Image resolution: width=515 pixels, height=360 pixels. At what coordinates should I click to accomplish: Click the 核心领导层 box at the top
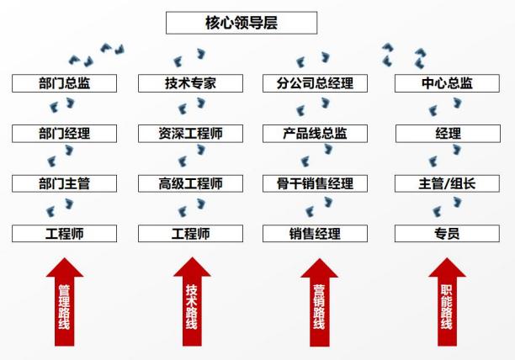[x=242, y=23]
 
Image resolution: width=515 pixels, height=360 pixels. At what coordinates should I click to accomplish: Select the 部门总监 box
[x=65, y=83]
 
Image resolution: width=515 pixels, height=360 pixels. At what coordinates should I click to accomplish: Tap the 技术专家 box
[x=191, y=83]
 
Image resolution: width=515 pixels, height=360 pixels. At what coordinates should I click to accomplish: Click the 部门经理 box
[x=65, y=133]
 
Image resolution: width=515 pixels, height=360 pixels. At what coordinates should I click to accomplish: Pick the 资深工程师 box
[x=191, y=133]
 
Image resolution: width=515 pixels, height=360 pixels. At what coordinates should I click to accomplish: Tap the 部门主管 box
[x=65, y=183]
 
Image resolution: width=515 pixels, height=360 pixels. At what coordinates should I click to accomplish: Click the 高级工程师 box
[x=191, y=183]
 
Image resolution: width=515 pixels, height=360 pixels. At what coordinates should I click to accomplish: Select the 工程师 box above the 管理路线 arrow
[x=65, y=233]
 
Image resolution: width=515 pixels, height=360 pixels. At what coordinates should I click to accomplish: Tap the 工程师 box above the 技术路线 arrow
[x=191, y=233]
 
